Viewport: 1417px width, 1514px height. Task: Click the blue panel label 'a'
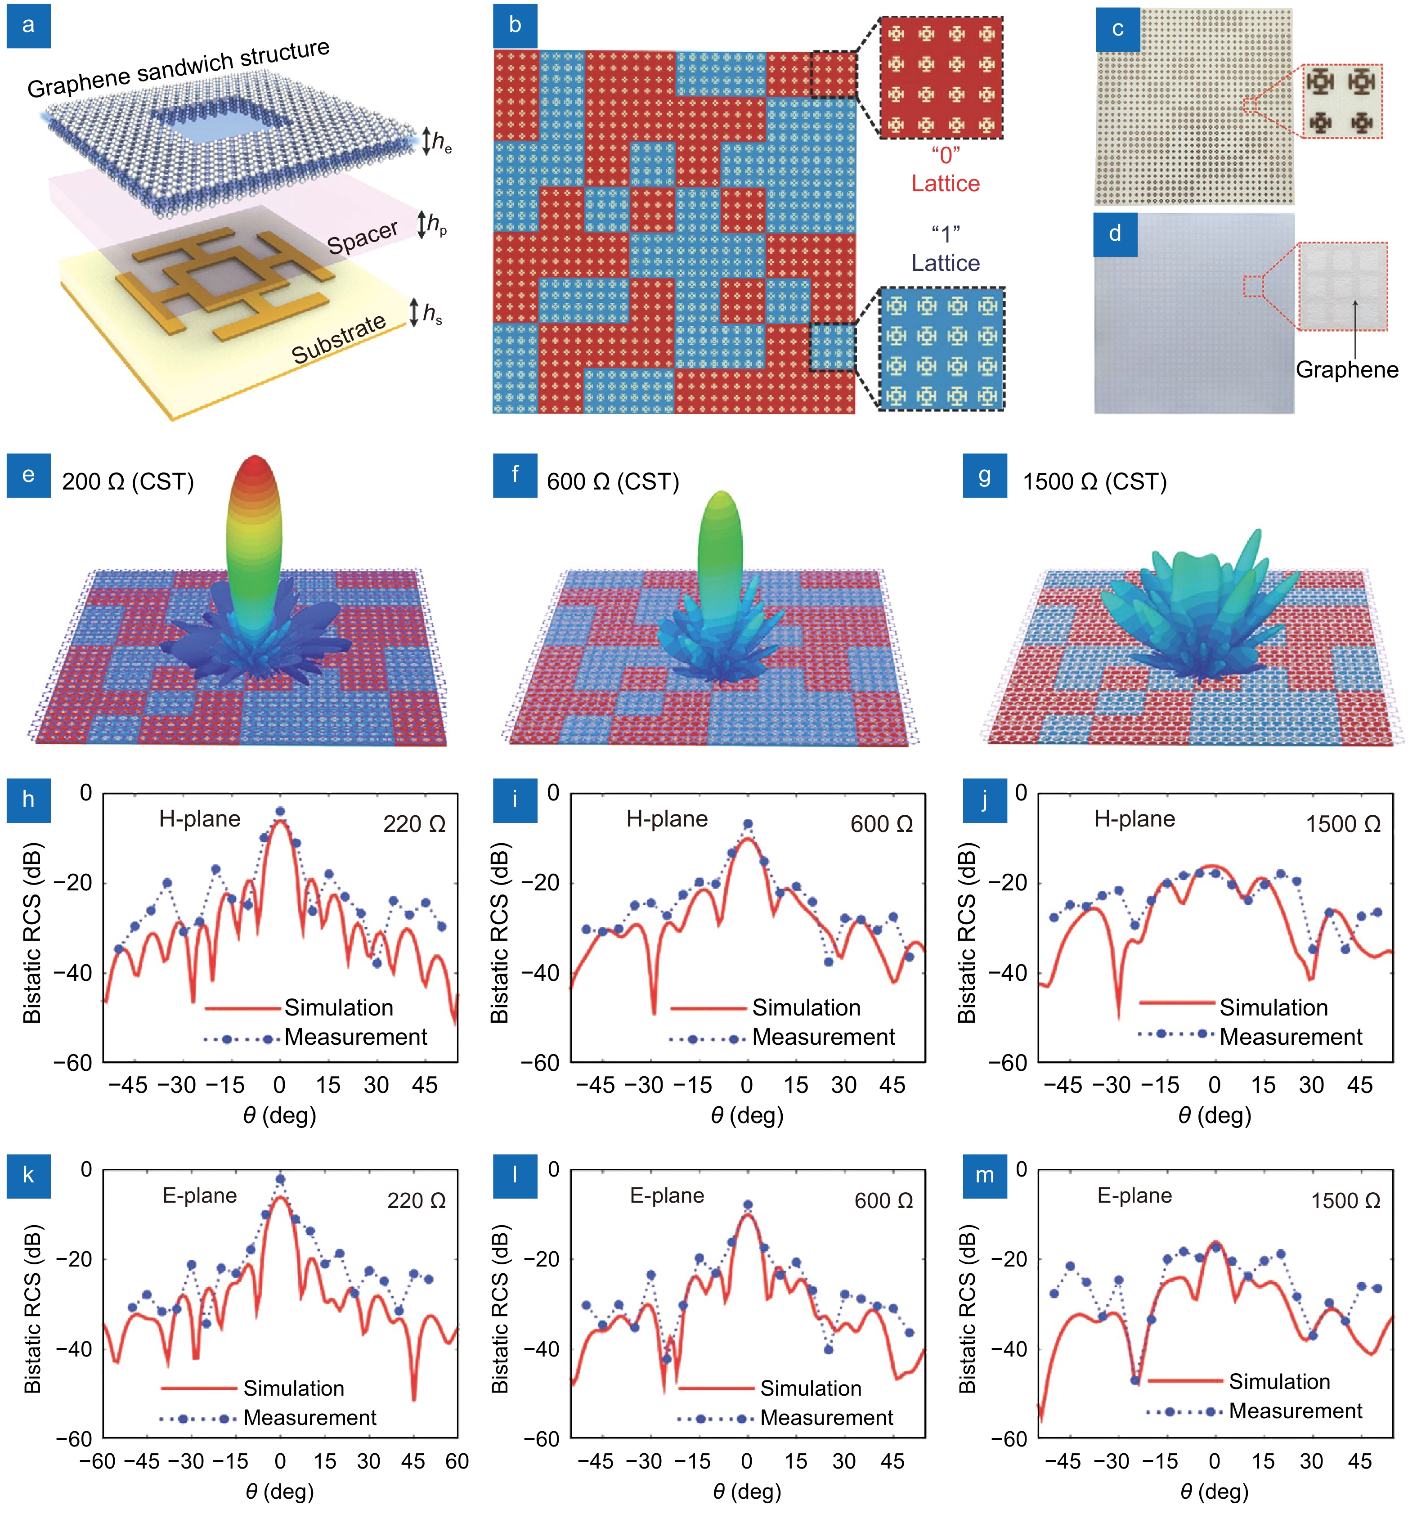pyautogui.click(x=28, y=26)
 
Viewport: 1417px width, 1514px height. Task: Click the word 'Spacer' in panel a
pyautogui.click(x=363, y=237)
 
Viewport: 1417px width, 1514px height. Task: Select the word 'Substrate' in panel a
pyautogui.click(x=339, y=339)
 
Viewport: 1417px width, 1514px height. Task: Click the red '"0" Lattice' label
pyautogui.click(x=945, y=169)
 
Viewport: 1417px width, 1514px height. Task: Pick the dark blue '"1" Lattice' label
pyautogui.click(x=945, y=248)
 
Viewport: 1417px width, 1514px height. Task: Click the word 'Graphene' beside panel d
pyautogui.click(x=1346, y=370)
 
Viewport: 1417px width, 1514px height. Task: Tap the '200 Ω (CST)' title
pyautogui.click(x=128, y=482)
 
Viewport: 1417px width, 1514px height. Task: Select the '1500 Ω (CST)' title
pyautogui.click(x=1094, y=482)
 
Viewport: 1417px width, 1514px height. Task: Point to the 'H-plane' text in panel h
pyautogui.click(x=199, y=819)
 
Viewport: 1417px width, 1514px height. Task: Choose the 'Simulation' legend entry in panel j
pyautogui.click(x=1273, y=1007)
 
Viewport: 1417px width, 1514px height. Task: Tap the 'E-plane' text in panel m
pyautogui.click(x=1134, y=1195)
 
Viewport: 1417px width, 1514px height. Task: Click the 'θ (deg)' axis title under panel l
pyautogui.click(x=747, y=1491)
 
